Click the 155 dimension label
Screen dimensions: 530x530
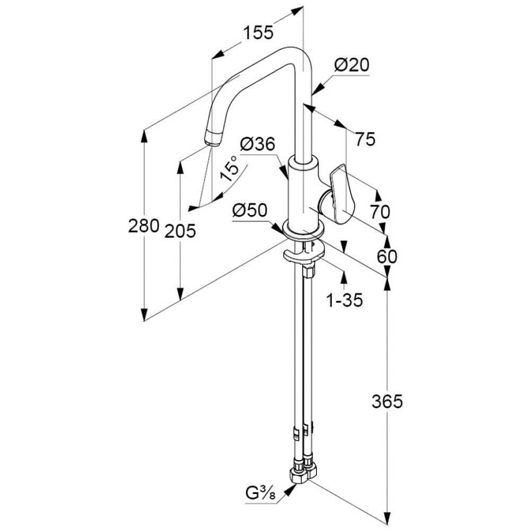(x=258, y=33)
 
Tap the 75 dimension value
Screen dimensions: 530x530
(x=365, y=139)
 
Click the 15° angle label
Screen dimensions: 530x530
(x=231, y=170)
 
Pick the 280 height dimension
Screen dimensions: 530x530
(x=144, y=226)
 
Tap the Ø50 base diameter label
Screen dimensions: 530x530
(x=249, y=210)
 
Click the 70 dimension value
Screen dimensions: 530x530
(x=379, y=212)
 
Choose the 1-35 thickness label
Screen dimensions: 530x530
(x=344, y=301)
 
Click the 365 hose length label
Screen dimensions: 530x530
(x=387, y=402)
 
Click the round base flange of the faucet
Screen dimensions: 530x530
(x=303, y=229)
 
